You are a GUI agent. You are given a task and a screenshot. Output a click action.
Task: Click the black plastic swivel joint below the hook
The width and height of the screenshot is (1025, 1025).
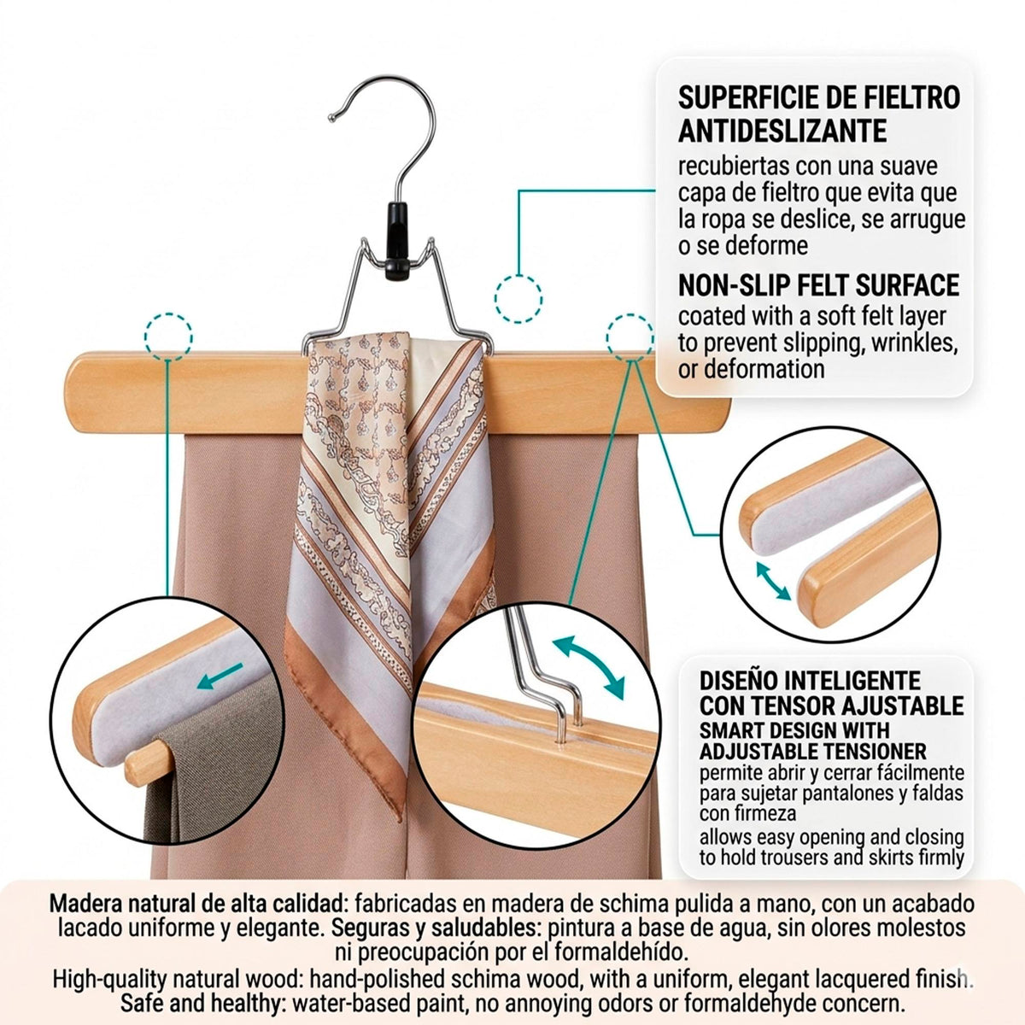(398, 241)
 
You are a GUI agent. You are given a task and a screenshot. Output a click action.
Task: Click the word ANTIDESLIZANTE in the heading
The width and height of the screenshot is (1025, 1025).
(782, 131)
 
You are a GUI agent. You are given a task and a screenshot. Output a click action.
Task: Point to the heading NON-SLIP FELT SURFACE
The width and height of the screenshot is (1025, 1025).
(818, 285)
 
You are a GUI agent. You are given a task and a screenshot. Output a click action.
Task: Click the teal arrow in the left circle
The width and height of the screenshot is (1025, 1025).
(220, 676)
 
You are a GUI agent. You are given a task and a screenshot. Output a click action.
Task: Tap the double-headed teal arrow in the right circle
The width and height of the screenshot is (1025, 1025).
(773, 582)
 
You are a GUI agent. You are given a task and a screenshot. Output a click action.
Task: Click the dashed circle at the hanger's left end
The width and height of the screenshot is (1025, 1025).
(168, 337)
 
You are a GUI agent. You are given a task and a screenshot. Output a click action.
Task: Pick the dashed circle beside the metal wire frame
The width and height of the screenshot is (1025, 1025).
(518, 299)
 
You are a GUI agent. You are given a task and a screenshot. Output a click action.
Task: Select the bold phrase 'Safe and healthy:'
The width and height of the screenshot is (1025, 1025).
(201, 1004)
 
